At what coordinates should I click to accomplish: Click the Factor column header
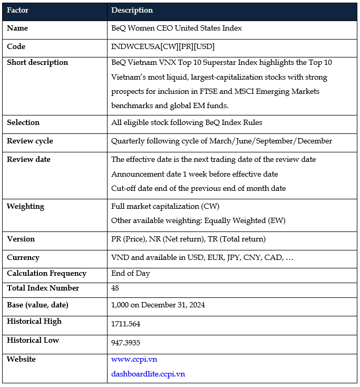pos(18,10)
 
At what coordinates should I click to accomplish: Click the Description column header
pos(132,10)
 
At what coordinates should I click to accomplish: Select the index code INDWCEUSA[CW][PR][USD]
pos(163,46)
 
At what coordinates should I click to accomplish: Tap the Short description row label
pos(37,62)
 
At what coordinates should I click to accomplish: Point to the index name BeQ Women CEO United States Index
pos(177,28)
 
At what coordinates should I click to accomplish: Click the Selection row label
pos(23,122)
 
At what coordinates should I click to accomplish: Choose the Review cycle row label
pos(30,141)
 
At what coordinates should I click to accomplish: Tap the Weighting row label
pos(25,206)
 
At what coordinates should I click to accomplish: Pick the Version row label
pos(21,239)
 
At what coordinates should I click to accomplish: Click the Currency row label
pos(23,257)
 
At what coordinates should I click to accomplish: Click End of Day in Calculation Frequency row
pos(130,273)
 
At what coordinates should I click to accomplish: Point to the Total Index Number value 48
pos(115,288)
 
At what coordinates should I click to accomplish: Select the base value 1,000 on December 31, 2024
pos(158,305)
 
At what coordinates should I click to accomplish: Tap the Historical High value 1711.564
pos(125,323)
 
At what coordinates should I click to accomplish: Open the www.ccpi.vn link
pos(134,359)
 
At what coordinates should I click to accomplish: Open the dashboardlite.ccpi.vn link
pos(148,374)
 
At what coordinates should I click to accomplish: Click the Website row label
pos(21,359)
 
